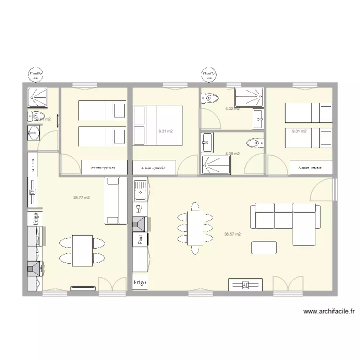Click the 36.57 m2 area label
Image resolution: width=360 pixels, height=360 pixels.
232,234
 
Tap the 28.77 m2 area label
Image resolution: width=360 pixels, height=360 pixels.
82,197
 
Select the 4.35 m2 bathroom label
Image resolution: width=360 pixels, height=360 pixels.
232,154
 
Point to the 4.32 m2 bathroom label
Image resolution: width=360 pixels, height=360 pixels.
232,109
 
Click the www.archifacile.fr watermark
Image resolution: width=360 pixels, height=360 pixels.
329,312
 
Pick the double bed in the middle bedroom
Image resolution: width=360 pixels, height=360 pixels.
158,125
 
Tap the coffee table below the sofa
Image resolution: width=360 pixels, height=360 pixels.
264,247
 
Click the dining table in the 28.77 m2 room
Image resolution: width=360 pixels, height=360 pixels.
82,251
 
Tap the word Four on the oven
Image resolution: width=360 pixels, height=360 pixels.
141,239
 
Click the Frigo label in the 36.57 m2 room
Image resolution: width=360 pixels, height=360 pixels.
140,283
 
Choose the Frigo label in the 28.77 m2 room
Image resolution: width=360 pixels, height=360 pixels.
36,218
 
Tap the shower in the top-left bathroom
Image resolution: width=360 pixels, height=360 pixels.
37,97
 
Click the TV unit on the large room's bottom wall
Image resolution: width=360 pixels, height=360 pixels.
245,285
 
